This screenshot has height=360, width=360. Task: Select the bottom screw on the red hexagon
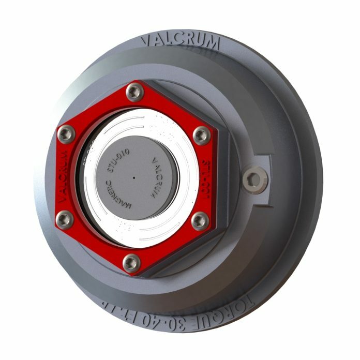pyautogui.click(x=131, y=263)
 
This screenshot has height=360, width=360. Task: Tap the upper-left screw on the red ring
pyautogui.click(x=66, y=135)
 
